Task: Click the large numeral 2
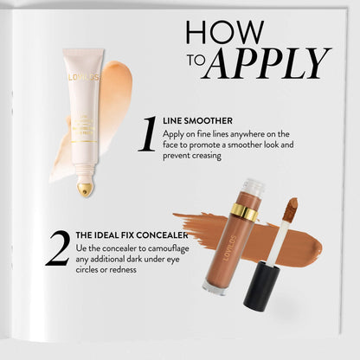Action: point(57,247)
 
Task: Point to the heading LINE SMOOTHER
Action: point(203,120)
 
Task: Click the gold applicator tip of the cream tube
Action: point(85,188)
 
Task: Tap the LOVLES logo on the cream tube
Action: point(85,77)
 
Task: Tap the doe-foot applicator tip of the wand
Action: point(292,208)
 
